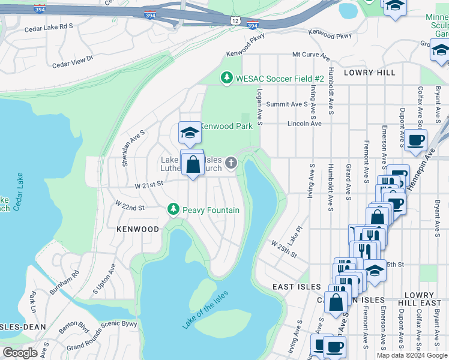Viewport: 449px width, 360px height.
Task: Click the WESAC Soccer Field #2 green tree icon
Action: [226, 78]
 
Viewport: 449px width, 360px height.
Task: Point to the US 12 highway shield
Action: [235, 20]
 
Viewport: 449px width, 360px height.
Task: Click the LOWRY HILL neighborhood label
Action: [369, 72]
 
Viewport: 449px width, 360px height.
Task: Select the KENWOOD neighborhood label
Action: [137, 229]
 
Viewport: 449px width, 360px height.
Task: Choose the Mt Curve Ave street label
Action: [311, 55]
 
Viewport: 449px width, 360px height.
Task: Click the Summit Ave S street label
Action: [287, 104]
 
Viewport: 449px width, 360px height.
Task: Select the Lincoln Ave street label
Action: [305, 124]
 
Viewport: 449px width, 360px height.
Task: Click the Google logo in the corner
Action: [20, 353]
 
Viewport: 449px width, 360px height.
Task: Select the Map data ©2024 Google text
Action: [411, 355]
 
